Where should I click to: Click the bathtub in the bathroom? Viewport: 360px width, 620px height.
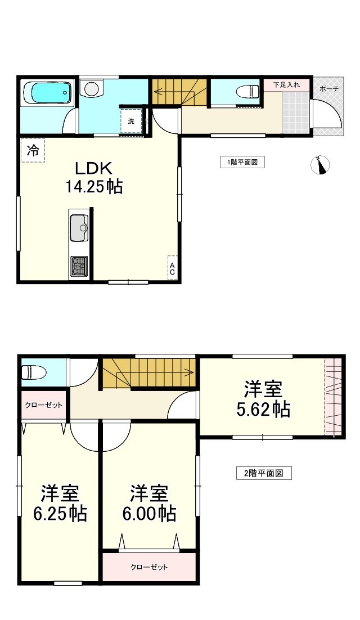coord(47,93)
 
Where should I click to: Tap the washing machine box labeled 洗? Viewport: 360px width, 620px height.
coord(131,121)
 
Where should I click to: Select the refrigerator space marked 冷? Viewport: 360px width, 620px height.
coord(33,150)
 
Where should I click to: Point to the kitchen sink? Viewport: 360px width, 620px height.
coord(79,228)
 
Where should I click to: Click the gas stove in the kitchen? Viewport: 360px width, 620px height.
coord(79,266)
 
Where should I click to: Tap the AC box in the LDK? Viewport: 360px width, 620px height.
coord(172,267)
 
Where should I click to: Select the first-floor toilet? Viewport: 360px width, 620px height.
coord(247,92)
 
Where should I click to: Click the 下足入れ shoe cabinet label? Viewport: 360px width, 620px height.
coord(286,84)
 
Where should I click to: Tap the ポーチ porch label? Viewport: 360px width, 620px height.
coord(329,89)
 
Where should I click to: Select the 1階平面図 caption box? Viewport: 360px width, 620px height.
coord(242,162)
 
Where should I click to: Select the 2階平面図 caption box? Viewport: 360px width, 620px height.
coord(264,473)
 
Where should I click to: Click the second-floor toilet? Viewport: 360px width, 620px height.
coord(33,372)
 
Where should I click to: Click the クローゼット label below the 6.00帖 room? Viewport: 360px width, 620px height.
coord(150,567)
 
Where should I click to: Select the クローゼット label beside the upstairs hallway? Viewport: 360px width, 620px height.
coord(43,405)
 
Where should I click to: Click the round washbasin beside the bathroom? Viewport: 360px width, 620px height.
coord(91,88)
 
